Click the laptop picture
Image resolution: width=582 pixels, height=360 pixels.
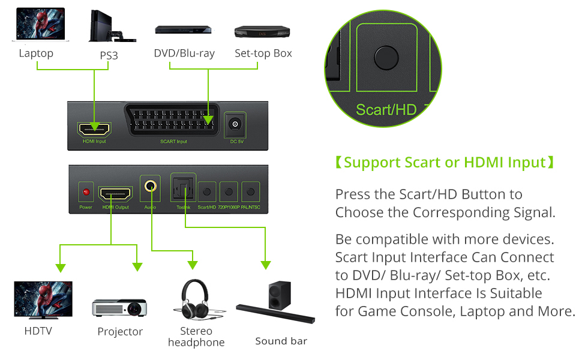37,25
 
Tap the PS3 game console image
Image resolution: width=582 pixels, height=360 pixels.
110,26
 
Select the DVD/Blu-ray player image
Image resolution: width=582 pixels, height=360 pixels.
183,30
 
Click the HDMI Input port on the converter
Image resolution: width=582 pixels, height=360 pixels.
94,127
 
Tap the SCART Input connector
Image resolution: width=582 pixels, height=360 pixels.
173,124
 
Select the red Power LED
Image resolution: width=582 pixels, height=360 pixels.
86,193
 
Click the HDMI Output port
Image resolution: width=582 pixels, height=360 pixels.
115,193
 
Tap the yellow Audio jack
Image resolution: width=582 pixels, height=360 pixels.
151,187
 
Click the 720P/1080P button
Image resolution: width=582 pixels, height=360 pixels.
229,193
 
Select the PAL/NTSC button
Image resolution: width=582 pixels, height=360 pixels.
251,193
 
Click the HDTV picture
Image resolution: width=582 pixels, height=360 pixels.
43,298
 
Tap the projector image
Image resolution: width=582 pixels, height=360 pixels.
120,307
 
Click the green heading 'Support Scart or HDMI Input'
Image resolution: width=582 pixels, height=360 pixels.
444,163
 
